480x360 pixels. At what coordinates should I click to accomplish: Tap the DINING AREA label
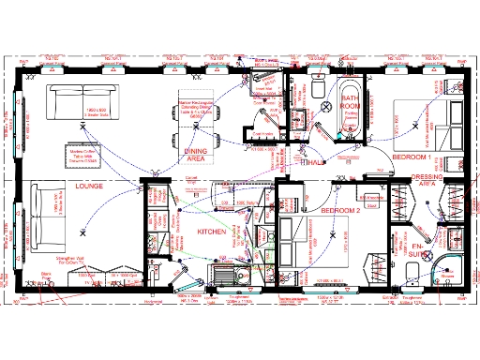click(x=196, y=155)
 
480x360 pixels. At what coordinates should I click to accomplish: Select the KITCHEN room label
click(x=212, y=230)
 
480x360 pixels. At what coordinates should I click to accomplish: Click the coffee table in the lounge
click(x=83, y=152)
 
